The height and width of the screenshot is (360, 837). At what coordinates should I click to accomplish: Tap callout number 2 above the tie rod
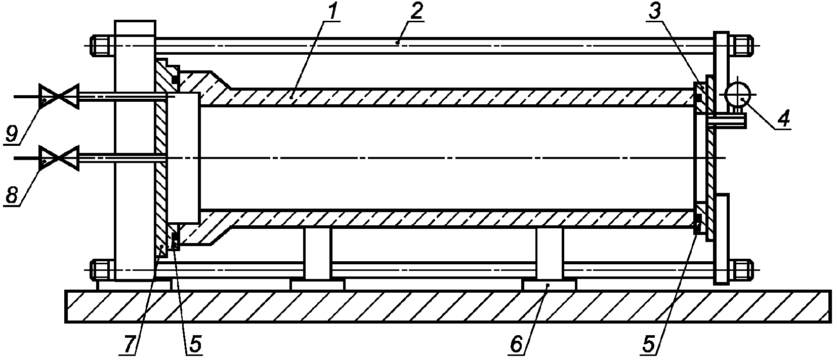click(415, 12)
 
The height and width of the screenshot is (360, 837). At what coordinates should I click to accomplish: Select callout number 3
click(654, 12)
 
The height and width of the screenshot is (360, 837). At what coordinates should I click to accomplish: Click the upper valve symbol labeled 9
click(59, 96)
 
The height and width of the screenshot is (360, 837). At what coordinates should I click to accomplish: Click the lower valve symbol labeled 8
click(59, 158)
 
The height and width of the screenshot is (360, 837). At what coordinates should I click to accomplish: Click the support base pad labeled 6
click(549, 285)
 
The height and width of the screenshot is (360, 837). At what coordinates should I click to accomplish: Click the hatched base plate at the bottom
click(448, 306)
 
